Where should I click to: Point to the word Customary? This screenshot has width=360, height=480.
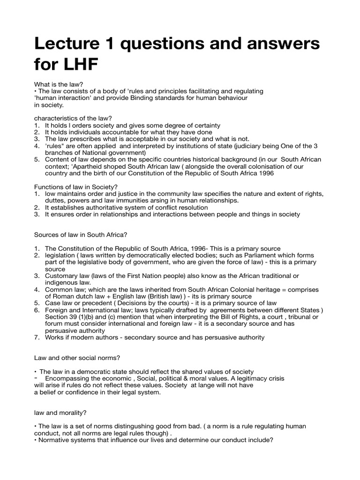pyautogui.click(x=62, y=276)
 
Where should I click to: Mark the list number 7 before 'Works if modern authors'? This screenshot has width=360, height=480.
pyautogui.click(x=37, y=337)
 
